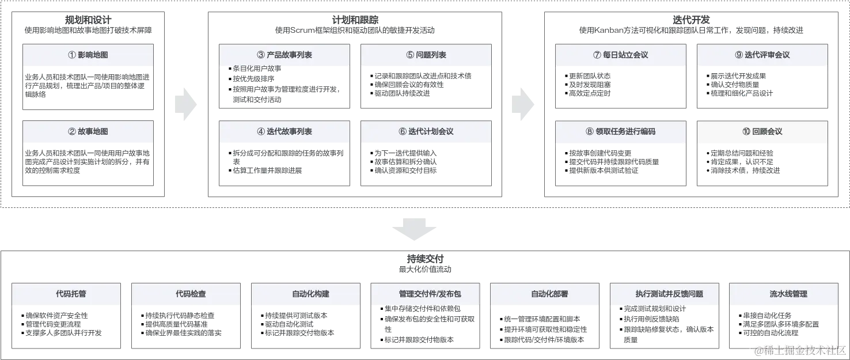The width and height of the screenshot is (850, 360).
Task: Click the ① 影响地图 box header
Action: pyautogui.click(x=88, y=55)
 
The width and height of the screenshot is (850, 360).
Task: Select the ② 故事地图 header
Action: pyautogui.click(x=88, y=131)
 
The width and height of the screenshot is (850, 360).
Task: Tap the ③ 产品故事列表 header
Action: pyautogui.click(x=284, y=55)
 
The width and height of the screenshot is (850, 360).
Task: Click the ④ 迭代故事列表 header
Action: pyautogui.click(x=284, y=131)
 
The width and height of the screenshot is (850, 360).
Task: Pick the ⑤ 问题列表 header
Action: pyautogui.click(x=426, y=55)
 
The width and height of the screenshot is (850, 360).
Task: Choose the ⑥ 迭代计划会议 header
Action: pyautogui.click(x=426, y=131)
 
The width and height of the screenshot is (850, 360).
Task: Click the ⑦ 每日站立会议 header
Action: pyautogui.click(x=620, y=55)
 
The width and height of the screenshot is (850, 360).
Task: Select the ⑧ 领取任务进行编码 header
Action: pyautogui.click(x=620, y=131)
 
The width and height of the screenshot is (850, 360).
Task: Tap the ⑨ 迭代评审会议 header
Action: pyautogui.click(x=762, y=55)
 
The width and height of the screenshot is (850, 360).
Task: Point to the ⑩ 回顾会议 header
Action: pyautogui.click(x=762, y=131)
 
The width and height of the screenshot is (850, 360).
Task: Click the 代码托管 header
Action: pyautogui.click(x=67, y=294)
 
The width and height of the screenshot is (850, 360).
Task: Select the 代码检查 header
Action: pyautogui.click(x=187, y=294)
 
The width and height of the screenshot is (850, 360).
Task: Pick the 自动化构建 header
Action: pyautogui.click(x=307, y=294)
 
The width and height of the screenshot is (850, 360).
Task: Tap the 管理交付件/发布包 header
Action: pyautogui.click(x=426, y=294)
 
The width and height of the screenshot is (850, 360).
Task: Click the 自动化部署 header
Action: pyautogui.click(x=546, y=294)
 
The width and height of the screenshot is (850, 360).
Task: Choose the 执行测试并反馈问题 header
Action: pyautogui.click(x=665, y=294)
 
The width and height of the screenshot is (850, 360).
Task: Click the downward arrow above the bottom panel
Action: pyautogui.click(x=415, y=229)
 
